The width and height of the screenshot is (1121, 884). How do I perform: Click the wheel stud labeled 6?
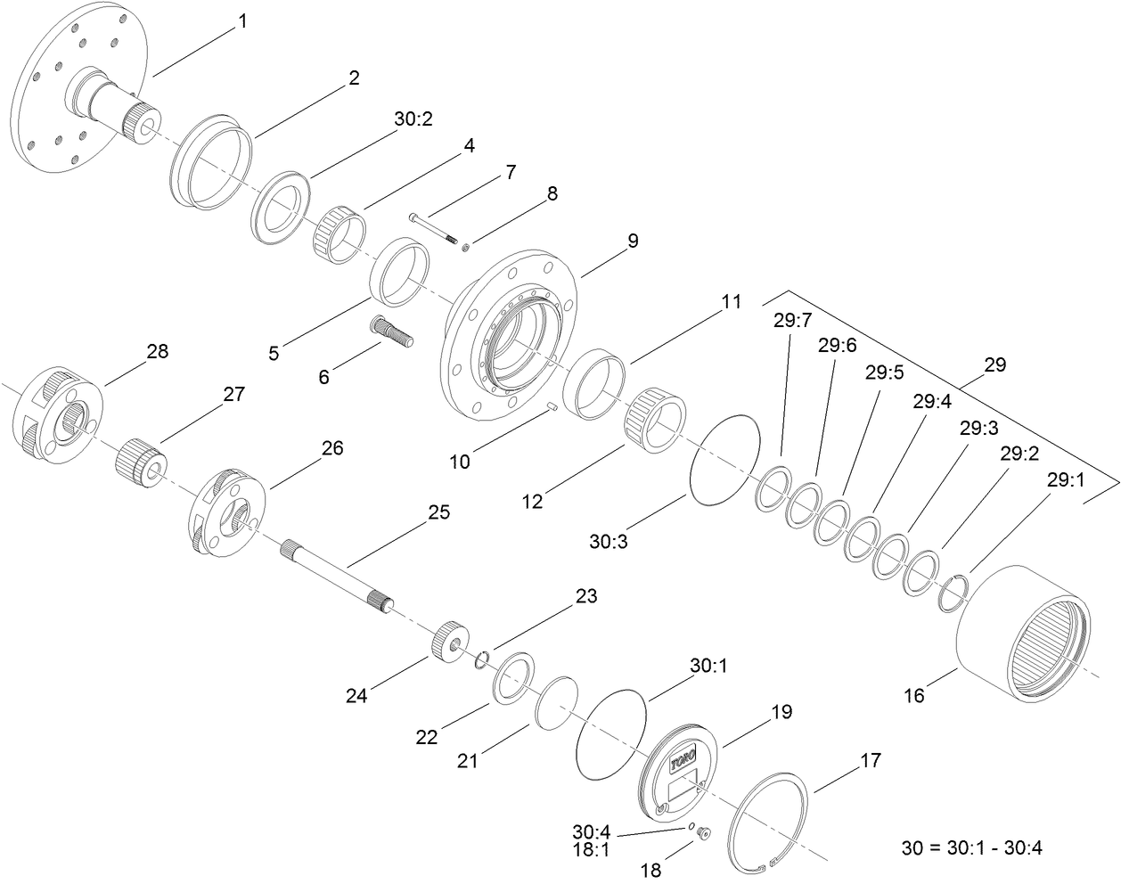[x=390, y=332]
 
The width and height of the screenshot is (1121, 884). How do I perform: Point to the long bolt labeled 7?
[x=433, y=226]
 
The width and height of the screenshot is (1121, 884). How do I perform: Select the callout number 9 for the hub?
[x=632, y=241]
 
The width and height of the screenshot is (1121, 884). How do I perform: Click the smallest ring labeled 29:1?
[x=953, y=593]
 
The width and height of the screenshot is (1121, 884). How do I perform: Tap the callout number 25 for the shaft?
[x=438, y=512]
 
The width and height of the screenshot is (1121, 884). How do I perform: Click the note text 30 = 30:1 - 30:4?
[x=972, y=847]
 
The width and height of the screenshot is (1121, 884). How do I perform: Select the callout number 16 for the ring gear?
[x=914, y=696]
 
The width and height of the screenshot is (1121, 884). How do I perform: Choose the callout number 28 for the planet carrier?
[x=157, y=351]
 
